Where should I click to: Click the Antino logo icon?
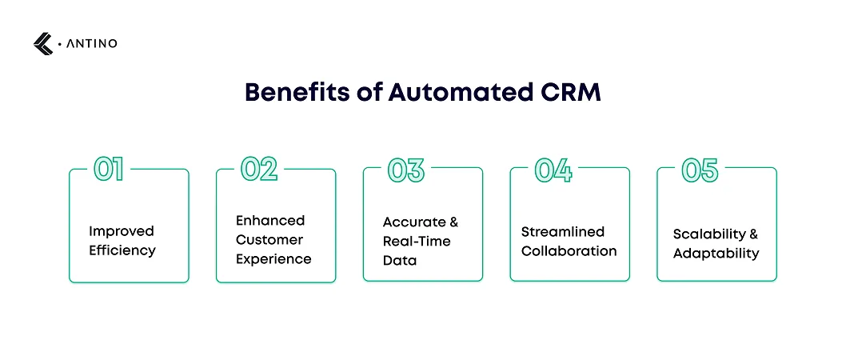coord(43,44)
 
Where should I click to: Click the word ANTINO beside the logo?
coord(91,44)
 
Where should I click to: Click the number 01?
coord(109,169)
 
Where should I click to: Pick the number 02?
coord(259,169)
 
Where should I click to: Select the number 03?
coord(405,169)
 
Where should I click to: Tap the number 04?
coord(553,169)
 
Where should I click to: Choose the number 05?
coord(700,169)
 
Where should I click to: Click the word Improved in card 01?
coord(122,232)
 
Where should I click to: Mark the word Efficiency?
coord(122,251)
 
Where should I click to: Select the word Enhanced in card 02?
coord(270,221)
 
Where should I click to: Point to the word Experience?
coord(273,260)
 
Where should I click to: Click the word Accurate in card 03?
coord(414,222)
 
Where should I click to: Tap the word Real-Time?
coord(417,241)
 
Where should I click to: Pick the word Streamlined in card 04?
coord(563,232)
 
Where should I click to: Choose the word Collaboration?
coord(569,251)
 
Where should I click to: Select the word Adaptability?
coord(716,254)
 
